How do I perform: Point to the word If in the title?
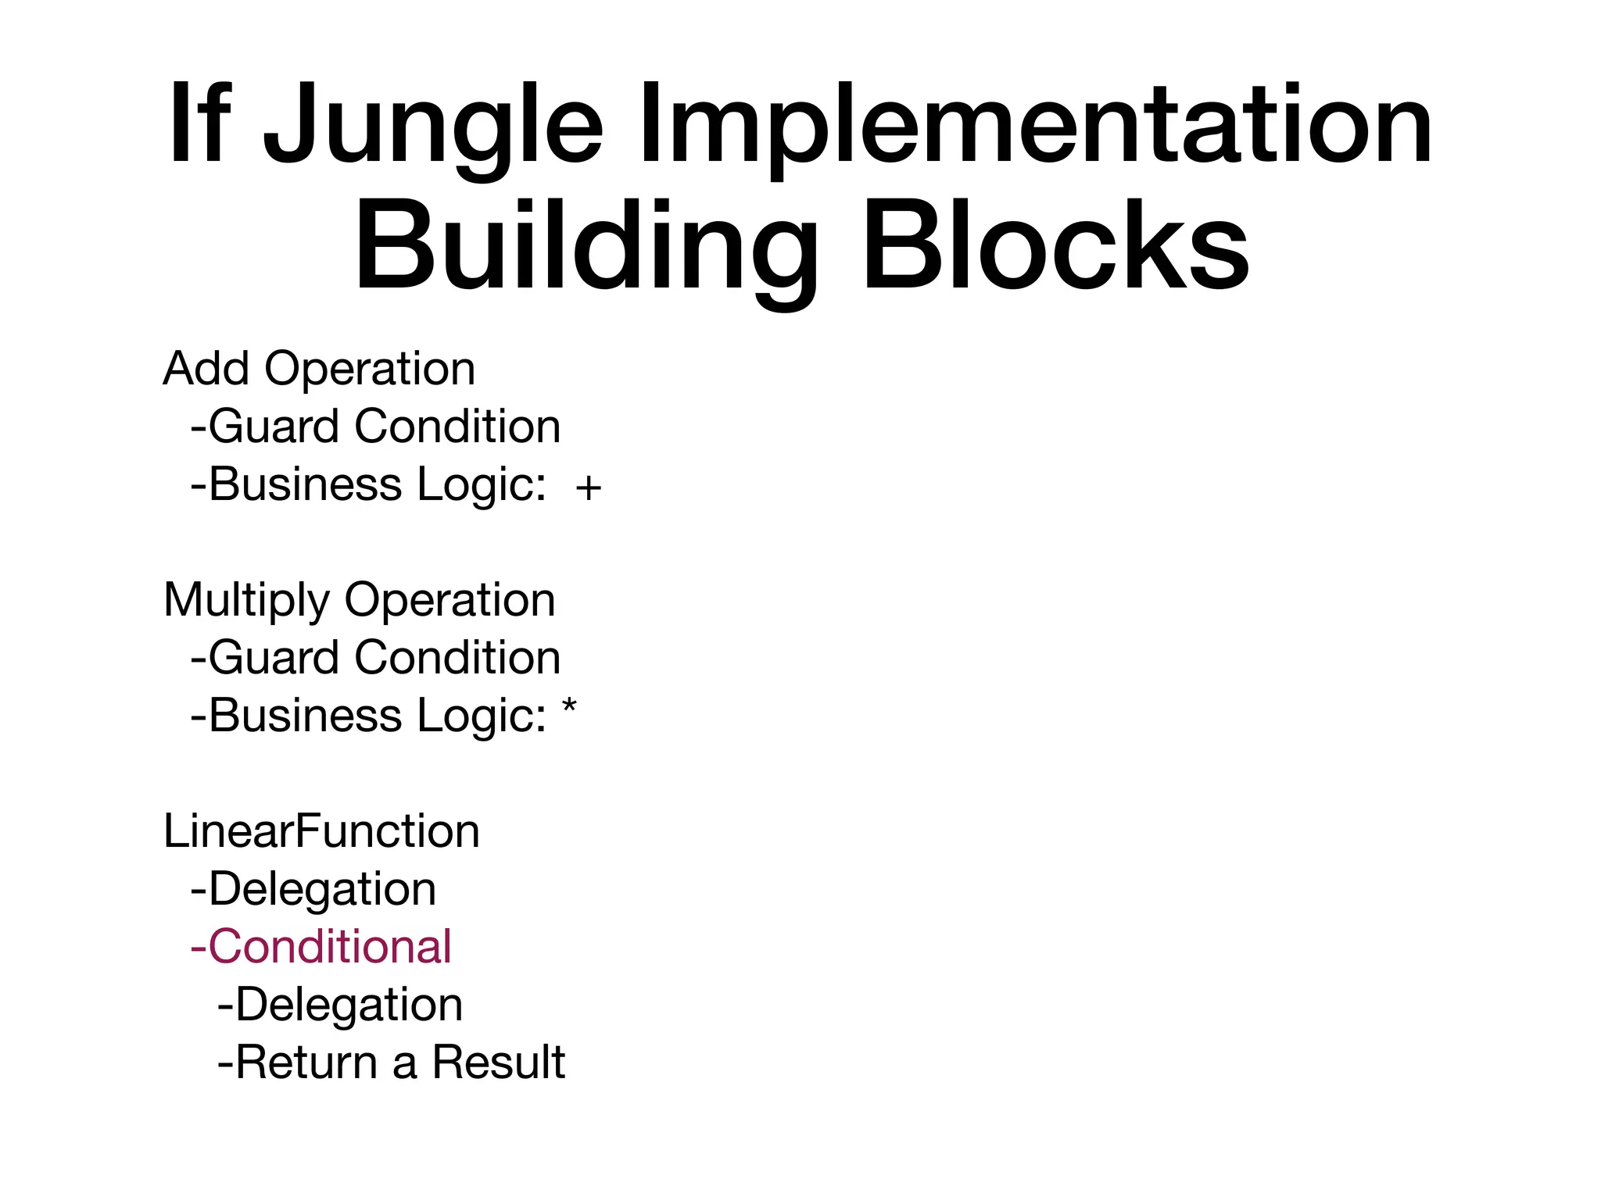tap(200, 125)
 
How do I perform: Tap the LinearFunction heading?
tap(321, 830)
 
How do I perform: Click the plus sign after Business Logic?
tap(588, 488)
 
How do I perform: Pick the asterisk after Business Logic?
tap(569, 708)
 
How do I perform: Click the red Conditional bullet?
tap(321, 946)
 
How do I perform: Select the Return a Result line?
tap(391, 1062)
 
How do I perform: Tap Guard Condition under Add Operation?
tap(375, 427)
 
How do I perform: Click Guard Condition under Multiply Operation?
tap(375, 658)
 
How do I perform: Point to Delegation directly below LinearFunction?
tap(313, 889)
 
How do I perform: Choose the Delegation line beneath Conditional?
tap(340, 1005)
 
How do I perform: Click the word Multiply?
tap(247, 601)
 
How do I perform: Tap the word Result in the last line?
tap(498, 1062)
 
